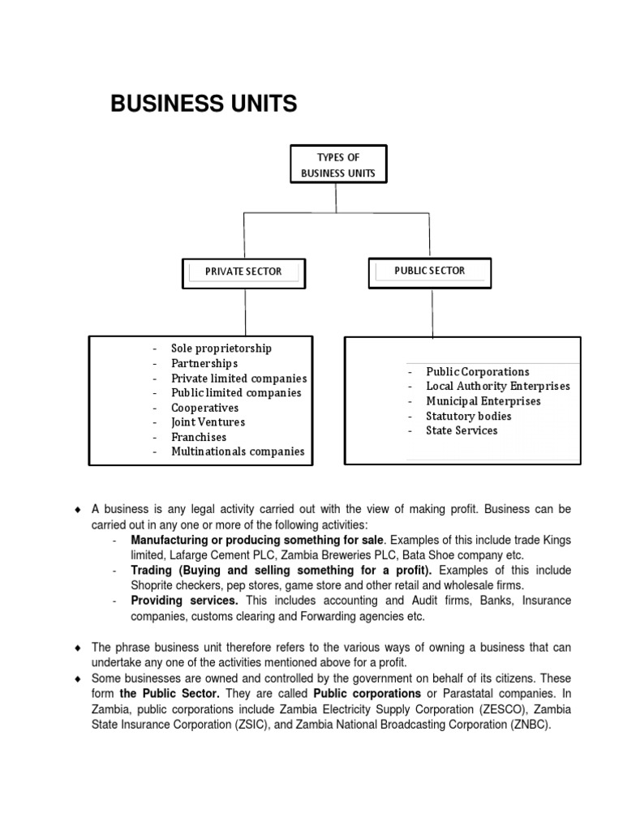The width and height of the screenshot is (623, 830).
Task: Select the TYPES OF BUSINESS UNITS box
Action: (338, 165)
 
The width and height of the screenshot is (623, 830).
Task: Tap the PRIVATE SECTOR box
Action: (243, 272)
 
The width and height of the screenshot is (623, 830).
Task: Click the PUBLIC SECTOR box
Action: (429, 271)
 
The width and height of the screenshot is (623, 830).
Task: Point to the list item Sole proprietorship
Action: (221, 349)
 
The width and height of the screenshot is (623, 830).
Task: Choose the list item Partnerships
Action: (204, 363)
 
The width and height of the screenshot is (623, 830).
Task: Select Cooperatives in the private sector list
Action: (204, 408)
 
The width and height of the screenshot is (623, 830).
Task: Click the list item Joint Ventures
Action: (208, 422)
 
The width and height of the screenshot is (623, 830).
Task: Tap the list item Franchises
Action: (199, 437)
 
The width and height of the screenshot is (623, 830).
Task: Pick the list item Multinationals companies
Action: (238, 451)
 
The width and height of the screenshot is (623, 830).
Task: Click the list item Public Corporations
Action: (477, 372)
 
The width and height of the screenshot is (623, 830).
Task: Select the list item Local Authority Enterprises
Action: (497, 387)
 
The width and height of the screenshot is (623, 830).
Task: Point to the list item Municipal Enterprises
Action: (483, 401)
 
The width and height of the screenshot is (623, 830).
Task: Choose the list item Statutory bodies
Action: (468, 416)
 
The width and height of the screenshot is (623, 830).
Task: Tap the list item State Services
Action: (462, 430)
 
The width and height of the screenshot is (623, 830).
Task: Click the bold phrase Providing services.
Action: (184, 601)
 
